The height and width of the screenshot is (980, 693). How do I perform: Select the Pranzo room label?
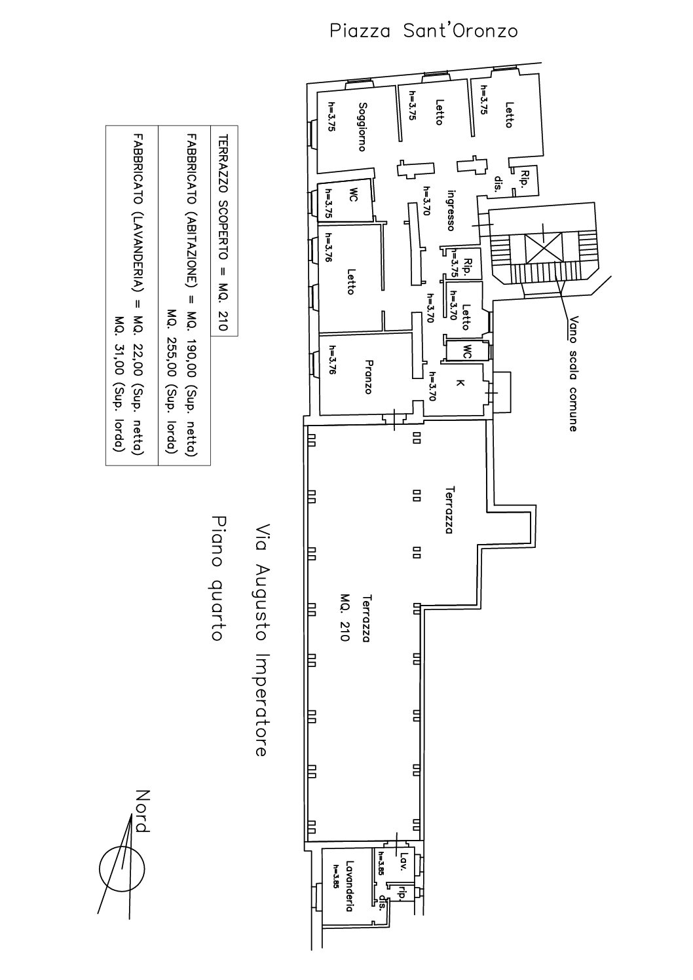(368, 376)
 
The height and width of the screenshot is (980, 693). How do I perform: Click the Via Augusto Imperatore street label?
(261, 639)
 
